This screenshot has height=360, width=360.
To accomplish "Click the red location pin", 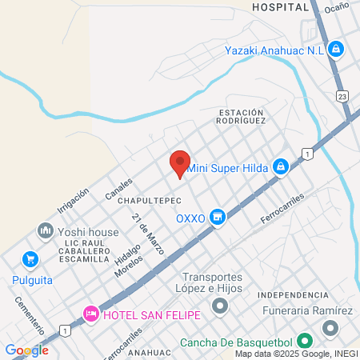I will click(x=180, y=163).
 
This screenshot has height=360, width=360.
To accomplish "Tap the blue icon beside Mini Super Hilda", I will click(x=280, y=166).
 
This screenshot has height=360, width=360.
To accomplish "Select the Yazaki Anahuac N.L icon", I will click(x=337, y=49).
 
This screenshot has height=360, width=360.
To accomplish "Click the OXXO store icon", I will click(x=217, y=217).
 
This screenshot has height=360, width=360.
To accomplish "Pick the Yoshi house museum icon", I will click(x=44, y=232).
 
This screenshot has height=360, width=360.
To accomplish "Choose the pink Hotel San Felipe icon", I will click(x=91, y=314).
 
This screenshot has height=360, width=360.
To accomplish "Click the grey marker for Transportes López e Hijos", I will click(x=219, y=306).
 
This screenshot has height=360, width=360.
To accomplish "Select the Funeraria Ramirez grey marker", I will click(x=330, y=328).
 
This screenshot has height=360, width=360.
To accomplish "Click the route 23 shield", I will click(x=342, y=96).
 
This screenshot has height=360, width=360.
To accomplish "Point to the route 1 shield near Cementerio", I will click(x=64, y=330).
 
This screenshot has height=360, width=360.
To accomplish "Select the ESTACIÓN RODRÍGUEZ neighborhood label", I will click(x=241, y=116).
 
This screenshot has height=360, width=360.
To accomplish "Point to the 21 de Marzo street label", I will click(x=149, y=234).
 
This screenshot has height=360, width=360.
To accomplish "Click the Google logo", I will click(x=26, y=350).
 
